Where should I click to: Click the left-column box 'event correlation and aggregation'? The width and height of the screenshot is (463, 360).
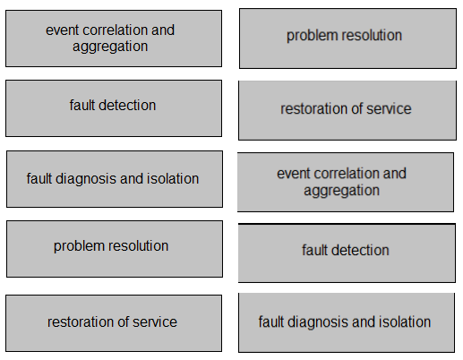[114, 39]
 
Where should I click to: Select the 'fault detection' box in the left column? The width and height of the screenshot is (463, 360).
[114, 108]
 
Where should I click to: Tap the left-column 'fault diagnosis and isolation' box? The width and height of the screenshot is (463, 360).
[115, 179]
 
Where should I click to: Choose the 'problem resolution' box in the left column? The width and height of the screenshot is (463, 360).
[115, 249]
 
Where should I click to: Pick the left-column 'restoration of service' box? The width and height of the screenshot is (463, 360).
[114, 323]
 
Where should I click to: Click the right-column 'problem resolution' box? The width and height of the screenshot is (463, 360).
[347, 39]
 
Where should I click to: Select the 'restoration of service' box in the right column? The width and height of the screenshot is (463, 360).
[347, 110]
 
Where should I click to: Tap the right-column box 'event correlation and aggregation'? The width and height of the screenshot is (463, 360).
[346, 183]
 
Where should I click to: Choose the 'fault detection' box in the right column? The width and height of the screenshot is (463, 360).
[347, 253]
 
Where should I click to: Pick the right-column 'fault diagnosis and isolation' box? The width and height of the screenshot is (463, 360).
[347, 322]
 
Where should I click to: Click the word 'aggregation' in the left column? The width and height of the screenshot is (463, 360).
[110, 47]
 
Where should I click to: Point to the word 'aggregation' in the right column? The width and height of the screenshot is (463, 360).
[342, 191]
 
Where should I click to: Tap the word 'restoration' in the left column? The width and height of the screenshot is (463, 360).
[81, 321]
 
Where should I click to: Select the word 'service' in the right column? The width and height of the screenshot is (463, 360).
[389, 108]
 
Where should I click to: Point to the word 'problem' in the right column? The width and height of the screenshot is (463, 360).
[309, 36]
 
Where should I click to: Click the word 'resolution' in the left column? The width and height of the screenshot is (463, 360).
[138, 245]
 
